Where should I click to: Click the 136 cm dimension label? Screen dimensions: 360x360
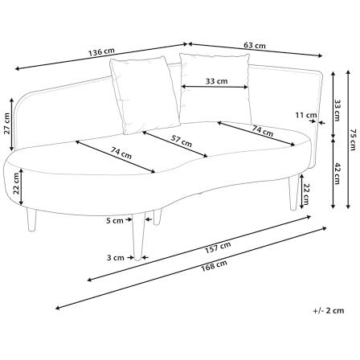pyautogui.click(x=101, y=51)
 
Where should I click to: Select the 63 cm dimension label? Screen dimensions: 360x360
pyautogui.click(x=255, y=46)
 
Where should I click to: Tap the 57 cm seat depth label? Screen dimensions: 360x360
pyautogui.click(x=182, y=141)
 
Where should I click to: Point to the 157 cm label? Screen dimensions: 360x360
pyautogui.click(x=218, y=247)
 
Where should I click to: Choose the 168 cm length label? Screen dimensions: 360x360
pyautogui.click(x=214, y=265)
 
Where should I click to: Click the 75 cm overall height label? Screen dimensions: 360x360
pyautogui.click(x=354, y=140)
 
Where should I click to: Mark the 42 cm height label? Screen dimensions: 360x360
pyautogui.click(x=337, y=174)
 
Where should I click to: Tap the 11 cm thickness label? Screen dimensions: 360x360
pyautogui.click(x=306, y=116)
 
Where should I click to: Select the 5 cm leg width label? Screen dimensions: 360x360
pyautogui.click(x=115, y=221)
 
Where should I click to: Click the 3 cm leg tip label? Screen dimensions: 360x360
pyautogui.click(x=116, y=258)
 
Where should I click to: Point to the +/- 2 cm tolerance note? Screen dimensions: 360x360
pyautogui.click(x=329, y=311)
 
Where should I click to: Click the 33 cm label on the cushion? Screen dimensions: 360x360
pyautogui.click(x=217, y=81)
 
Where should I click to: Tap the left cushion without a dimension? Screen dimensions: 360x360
pyautogui.click(x=145, y=95)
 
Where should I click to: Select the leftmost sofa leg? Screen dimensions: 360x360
pyautogui.click(x=31, y=219)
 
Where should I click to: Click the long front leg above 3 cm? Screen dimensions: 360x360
pyautogui.click(x=138, y=236)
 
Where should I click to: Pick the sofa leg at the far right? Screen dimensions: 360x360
pyautogui.click(x=294, y=192)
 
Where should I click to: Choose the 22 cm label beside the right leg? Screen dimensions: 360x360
pyautogui.click(x=306, y=194)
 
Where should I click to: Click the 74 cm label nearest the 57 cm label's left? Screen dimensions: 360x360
pyautogui.click(x=121, y=153)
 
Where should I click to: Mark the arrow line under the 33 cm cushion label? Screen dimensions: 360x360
pyautogui.click(x=215, y=87)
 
